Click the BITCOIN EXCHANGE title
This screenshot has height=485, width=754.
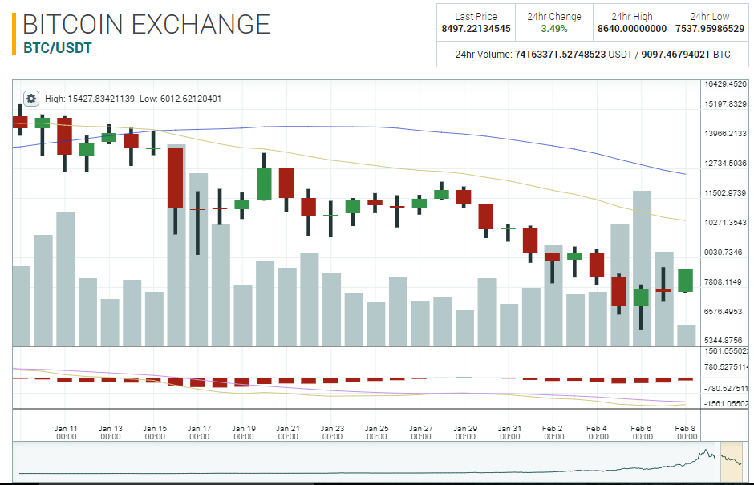[146, 24]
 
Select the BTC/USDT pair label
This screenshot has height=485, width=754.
[58, 48]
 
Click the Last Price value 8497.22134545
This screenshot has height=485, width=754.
[476, 29]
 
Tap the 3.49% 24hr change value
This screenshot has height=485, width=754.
[554, 29]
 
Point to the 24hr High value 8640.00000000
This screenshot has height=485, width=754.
[632, 29]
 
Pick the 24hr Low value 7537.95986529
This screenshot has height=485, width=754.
[710, 29]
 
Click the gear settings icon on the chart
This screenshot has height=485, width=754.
[31, 99]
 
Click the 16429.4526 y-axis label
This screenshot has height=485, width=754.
[725, 83]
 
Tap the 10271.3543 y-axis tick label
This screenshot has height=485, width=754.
[725, 222]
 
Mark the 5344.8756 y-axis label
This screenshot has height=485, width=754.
[725, 341]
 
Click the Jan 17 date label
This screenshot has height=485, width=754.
[200, 433]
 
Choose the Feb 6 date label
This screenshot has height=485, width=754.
[641, 433]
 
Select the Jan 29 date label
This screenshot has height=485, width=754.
[465, 433]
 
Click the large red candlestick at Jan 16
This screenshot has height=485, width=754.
[176, 178]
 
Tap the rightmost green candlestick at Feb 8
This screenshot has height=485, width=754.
[685, 281]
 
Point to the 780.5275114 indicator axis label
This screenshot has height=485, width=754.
[725, 367]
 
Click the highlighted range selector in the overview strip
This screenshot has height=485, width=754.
[732, 463]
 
